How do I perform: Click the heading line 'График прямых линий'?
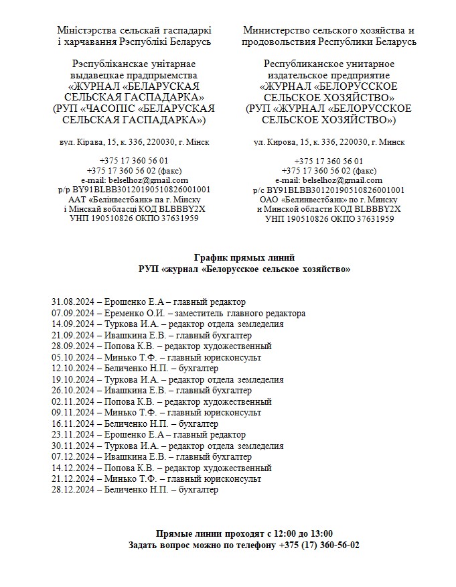(244, 258)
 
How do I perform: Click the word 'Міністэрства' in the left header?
(87, 31)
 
